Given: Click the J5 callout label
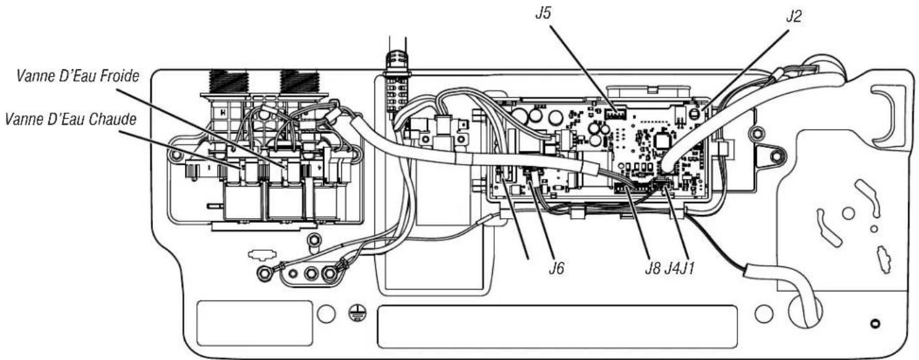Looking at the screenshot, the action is pos(543,14).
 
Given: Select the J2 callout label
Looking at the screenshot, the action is pos(794,16).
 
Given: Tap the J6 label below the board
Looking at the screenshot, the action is pos(557,268).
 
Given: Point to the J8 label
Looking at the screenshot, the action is pos(653,268).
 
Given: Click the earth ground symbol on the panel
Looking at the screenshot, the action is pos(358,314).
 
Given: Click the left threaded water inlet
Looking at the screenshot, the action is pos(229,81).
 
